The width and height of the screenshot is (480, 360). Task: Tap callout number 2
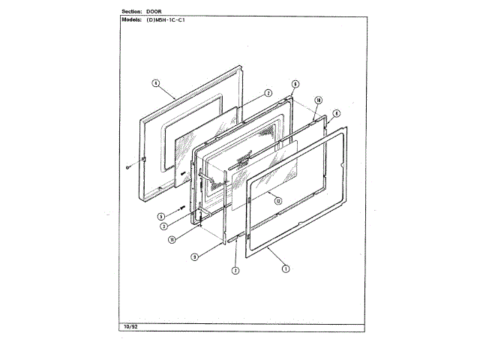click(267, 94)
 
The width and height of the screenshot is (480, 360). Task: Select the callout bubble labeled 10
click(318, 100)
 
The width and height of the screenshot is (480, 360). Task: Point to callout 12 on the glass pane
click(277, 200)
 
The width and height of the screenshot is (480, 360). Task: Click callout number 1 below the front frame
click(286, 267)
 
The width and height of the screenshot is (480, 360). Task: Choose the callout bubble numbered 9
click(295, 84)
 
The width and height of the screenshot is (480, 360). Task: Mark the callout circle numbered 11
click(171, 240)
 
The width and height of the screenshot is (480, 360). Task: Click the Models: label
click(132, 20)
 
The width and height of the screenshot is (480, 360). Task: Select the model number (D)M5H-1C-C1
click(166, 20)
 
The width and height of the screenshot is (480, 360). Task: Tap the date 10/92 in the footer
click(130, 328)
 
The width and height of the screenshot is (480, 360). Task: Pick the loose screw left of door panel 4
click(129, 166)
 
